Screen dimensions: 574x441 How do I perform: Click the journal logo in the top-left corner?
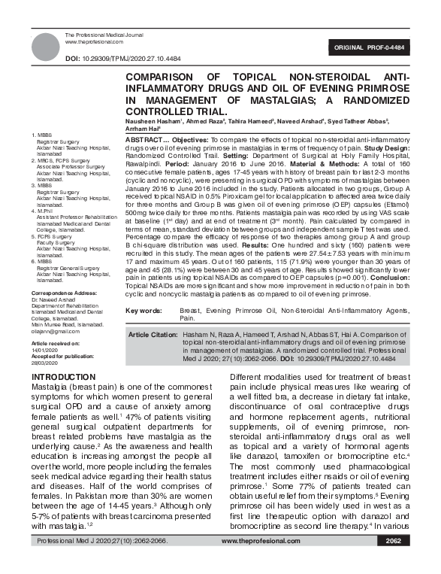coord(46,45)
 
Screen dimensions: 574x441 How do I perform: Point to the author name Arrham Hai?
coord(142,129)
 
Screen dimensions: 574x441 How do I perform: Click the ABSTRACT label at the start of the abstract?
coord(143,141)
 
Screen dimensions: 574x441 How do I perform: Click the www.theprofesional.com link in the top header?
coord(93,42)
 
